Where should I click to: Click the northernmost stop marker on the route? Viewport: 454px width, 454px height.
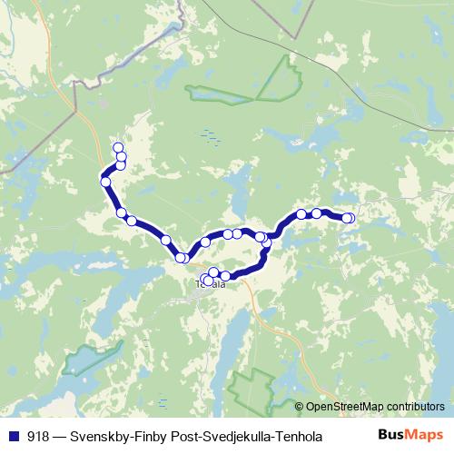coord(116,148)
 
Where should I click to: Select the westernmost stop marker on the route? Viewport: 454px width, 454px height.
coord(106,183)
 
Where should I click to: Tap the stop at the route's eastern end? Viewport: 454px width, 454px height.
coord(347,218)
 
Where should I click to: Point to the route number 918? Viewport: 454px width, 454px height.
coord(38,437)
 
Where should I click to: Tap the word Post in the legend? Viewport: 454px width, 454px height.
coord(181,437)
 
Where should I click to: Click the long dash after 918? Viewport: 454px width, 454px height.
coord(60,437)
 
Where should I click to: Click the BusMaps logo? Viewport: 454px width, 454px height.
coord(410,436)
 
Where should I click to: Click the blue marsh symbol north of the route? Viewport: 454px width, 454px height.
coord(211,137)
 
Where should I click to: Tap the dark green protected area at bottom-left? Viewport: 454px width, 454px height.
coord(85,360)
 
